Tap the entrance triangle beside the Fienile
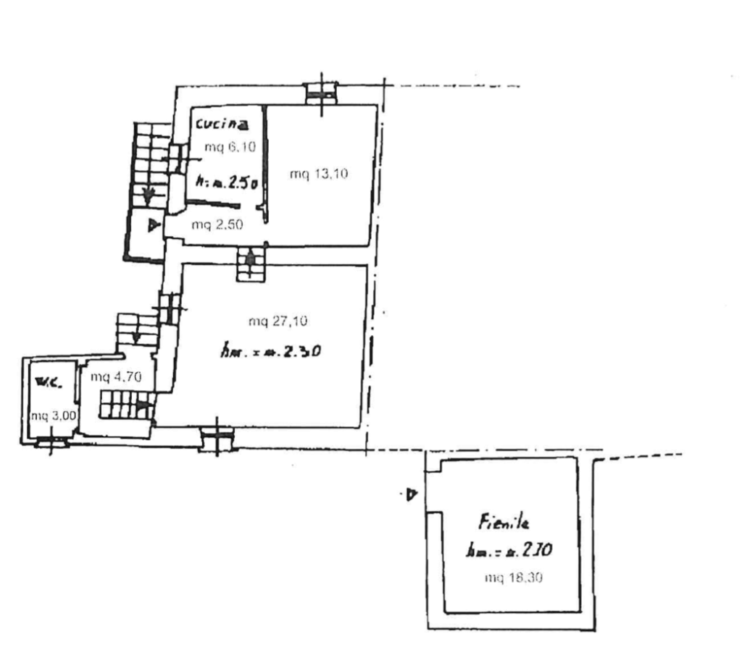coord(412,496)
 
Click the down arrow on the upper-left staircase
coord(149,194)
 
